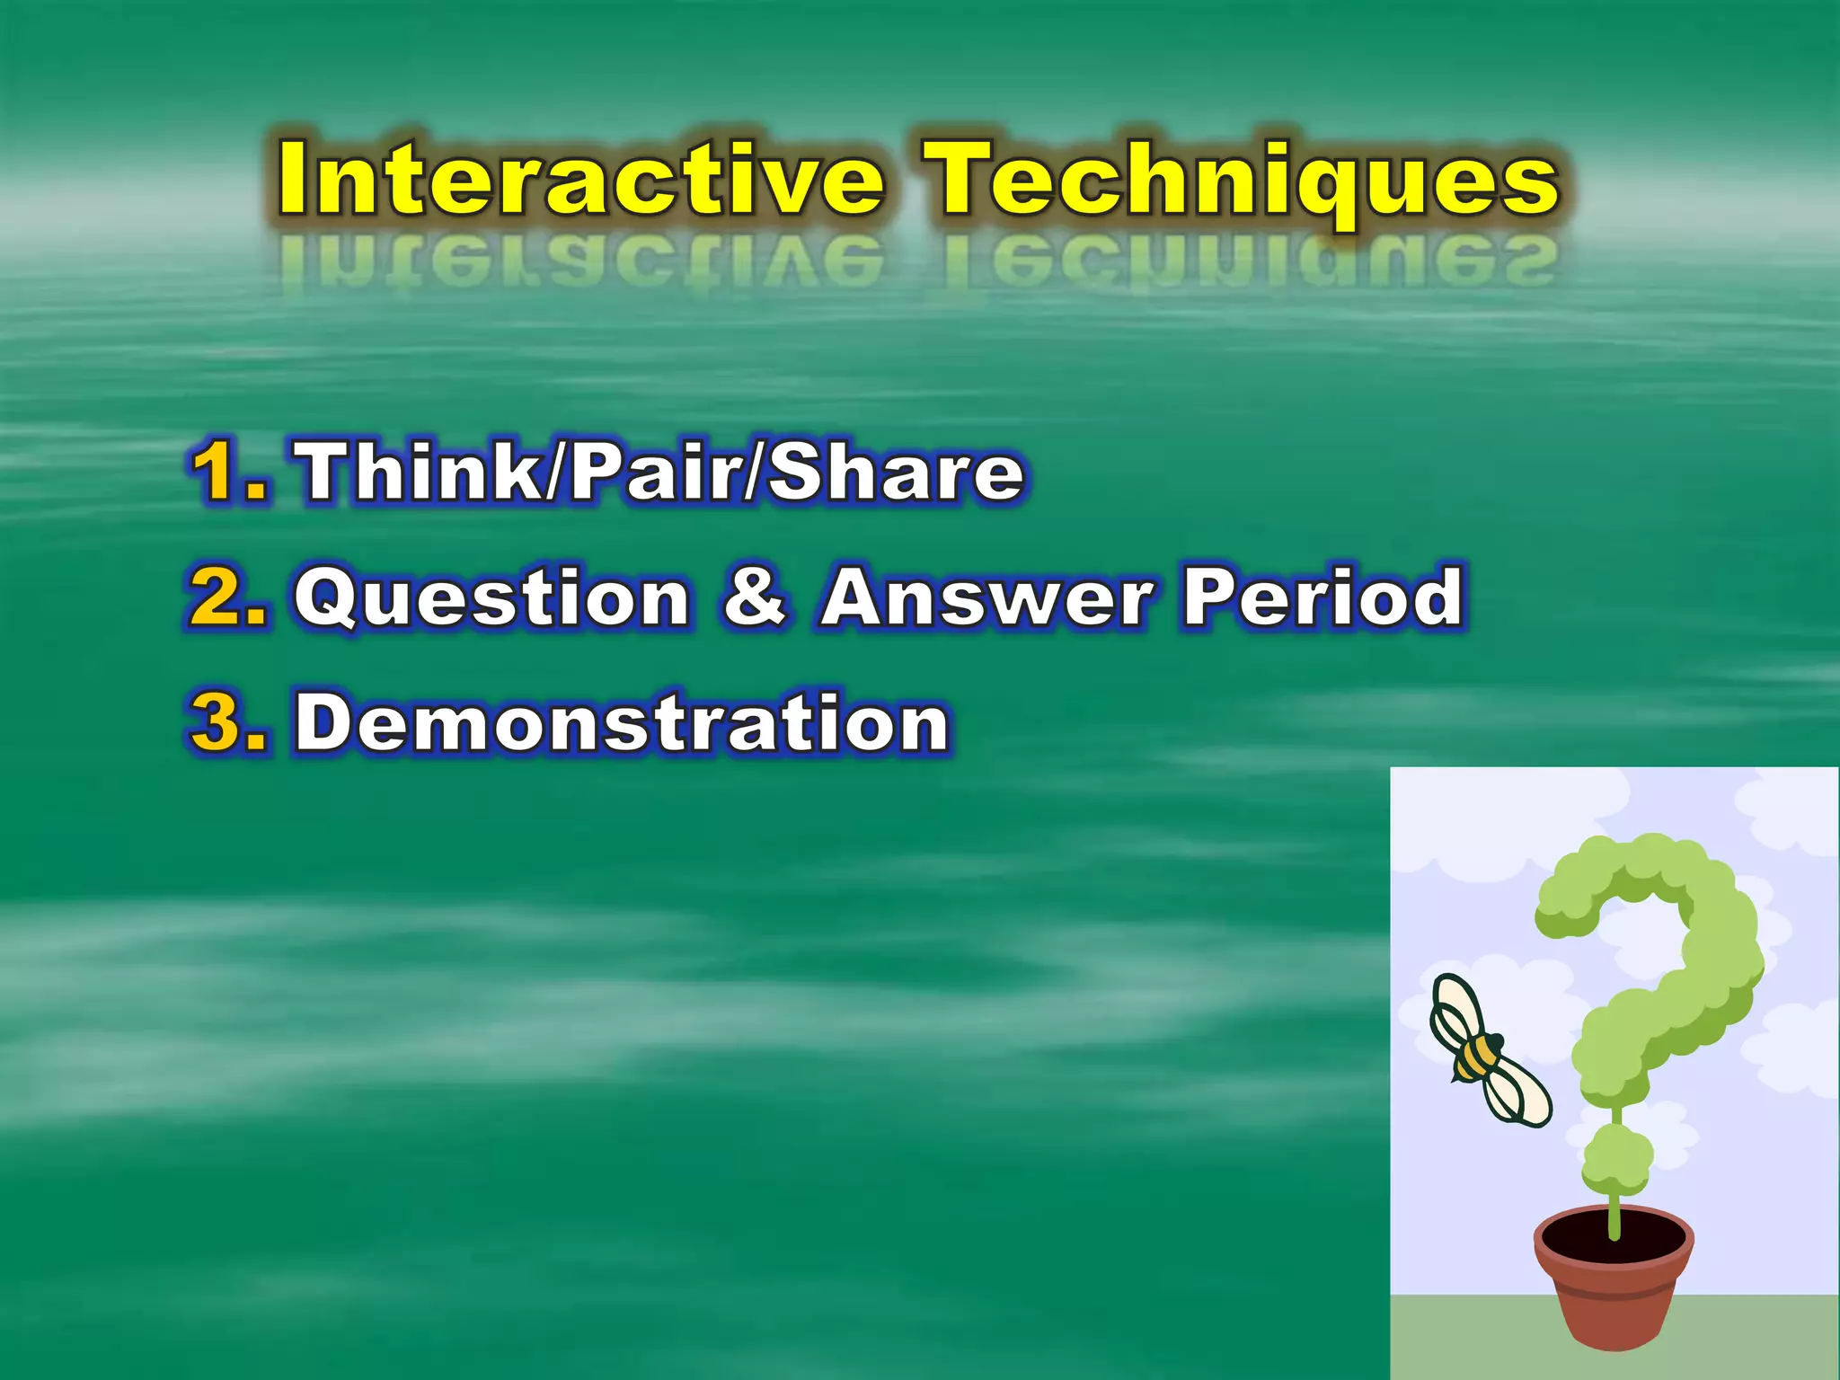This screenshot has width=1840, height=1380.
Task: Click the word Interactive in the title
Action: (x=579, y=180)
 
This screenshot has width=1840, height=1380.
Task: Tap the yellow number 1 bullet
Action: (x=225, y=471)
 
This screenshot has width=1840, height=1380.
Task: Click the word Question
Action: (x=492, y=597)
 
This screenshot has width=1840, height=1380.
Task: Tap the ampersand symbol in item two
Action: (x=755, y=597)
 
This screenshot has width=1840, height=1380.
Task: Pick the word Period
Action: (x=1322, y=597)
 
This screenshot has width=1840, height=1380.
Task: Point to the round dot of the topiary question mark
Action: (x=1616, y=1159)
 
